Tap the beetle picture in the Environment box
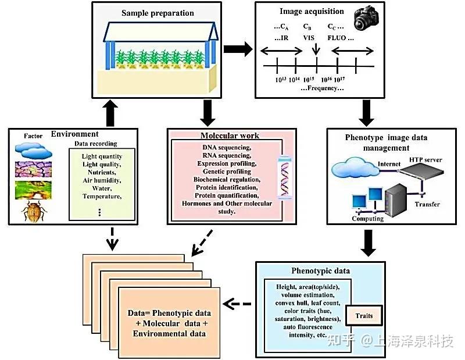pyautogui.click(x=34, y=211)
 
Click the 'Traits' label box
pyautogui.click(x=364, y=316)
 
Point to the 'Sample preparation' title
pyautogui.click(x=158, y=13)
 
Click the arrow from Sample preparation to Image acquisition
pyautogui.click(x=238, y=49)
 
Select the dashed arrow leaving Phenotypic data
pyautogui.click(x=237, y=304)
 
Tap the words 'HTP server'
pyautogui.click(x=425, y=160)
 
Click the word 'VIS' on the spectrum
pyautogui.click(x=309, y=38)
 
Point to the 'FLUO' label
pyautogui.click(x=337, y=38)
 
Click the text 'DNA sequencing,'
pyautogui.click(x=227, y=148)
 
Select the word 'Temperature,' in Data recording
pyautogui.click(x=102, y=197)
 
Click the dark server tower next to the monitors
pyautogui.click(x=396, y=200)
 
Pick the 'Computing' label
pyautogui.click(x=368, y=219)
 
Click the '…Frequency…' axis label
pyautogui.click(x=322, y=88)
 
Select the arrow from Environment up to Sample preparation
pyautogui.click(x=110, y=113)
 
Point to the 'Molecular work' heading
pyautogui.click(x=230, y=136)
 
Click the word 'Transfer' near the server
pyautogui.click(x=427, y=204)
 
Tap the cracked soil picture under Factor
pyautogui.click(x=33, y=169)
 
